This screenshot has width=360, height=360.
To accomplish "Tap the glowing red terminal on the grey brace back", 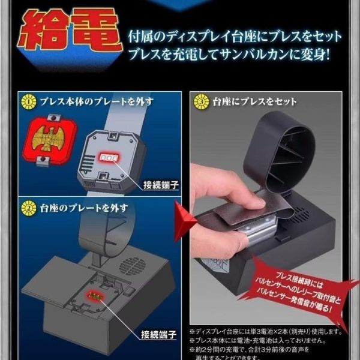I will click(x=109, y=156).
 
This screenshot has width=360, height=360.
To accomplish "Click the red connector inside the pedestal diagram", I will click(x=94, y=294).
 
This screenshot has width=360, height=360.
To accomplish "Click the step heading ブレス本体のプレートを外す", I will click(x=90, y=100).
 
